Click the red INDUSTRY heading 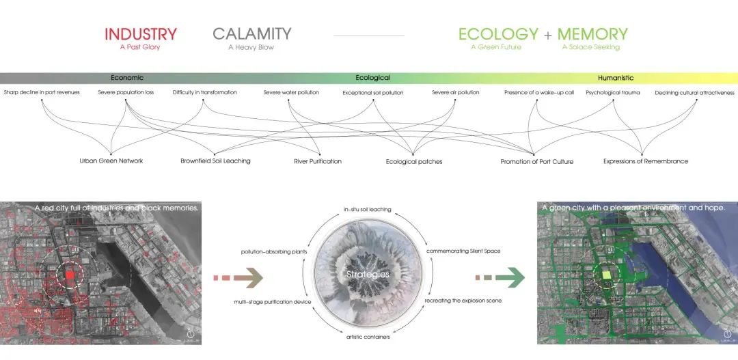(141, 34)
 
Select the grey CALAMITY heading (251, 34)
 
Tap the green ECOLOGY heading (498, 34)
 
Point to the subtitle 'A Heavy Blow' (251, 47)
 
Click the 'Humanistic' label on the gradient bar (616, 78)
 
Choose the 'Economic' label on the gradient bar (127, 78)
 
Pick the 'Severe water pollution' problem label (291, 92)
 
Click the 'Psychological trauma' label (613, 93)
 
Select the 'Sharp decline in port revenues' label (42, 92)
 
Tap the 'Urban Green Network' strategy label (111, 161)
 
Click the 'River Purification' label (318, 161)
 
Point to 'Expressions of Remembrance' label (646, 161)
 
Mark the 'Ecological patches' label (414, 162)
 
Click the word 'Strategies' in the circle (368, 275)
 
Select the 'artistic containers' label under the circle (368, 337)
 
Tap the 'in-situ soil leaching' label (367, 210)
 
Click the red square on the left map (70, 275)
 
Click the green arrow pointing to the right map (500, 277)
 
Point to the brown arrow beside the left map (238, 277)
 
